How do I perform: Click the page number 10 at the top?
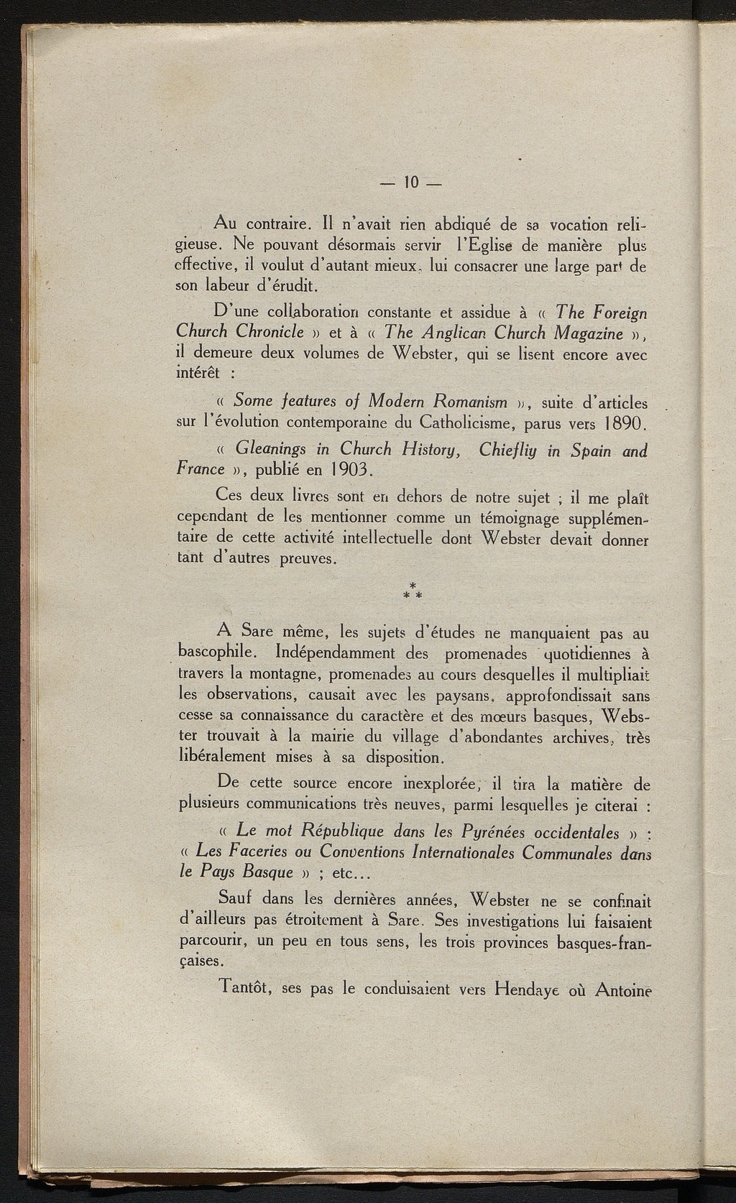click(x=411, y=182)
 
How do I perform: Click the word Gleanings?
click(x=272, y=451)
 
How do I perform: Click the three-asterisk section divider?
click(x=413, y=591)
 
